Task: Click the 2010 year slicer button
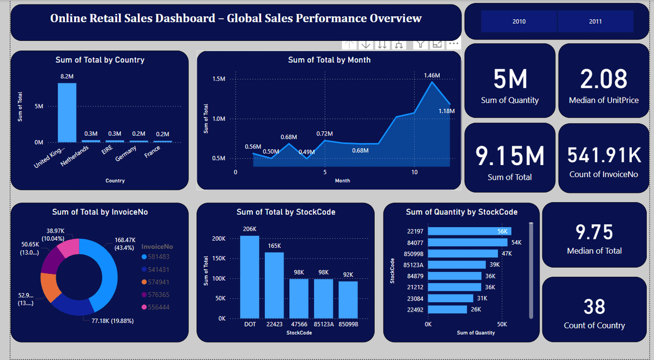[519, 21]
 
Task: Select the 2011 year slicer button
[595, 21]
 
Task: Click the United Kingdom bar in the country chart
[67, 112]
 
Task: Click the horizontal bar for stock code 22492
[447, 309]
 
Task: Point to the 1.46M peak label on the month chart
[431, 75]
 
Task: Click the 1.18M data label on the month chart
[446, 111]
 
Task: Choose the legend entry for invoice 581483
[158, 257]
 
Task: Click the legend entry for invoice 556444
[158, 307]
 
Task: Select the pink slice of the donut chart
[69, 248]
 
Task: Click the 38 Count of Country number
[594, 307]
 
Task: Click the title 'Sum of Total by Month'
[329, 60]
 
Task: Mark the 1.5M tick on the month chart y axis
[219, 80]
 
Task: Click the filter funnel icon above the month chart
[419, 44]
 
